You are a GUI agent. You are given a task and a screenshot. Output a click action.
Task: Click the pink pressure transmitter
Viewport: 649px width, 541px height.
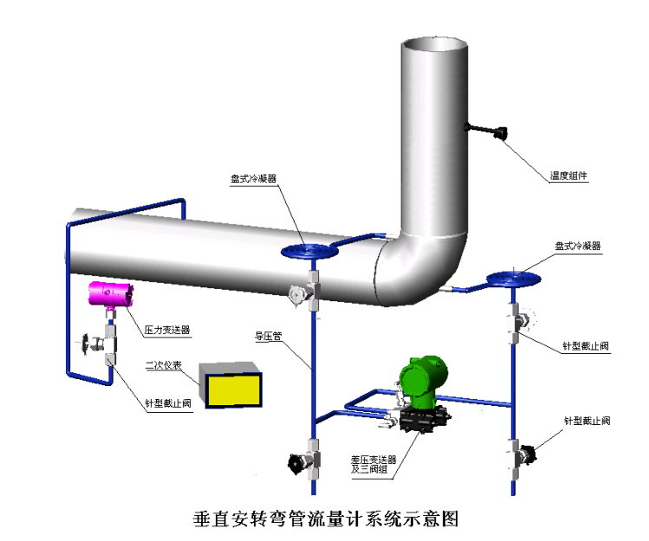(x=112, y=293)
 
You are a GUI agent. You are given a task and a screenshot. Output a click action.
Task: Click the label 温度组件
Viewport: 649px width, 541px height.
(x=569, y=176)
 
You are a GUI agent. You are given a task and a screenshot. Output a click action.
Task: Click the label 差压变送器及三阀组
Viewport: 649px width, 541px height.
(x=373, y=464)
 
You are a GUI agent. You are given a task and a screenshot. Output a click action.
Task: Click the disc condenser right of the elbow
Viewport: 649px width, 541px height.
(x=513, y=279)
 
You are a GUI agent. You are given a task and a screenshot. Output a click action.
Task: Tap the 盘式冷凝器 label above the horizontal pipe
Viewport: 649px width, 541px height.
(x=253, y=178)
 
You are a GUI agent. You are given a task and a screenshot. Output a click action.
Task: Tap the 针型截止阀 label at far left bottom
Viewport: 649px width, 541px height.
(x=167, y=403)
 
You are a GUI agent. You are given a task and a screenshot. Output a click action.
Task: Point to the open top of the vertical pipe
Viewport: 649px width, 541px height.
(x=434, y=43)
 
